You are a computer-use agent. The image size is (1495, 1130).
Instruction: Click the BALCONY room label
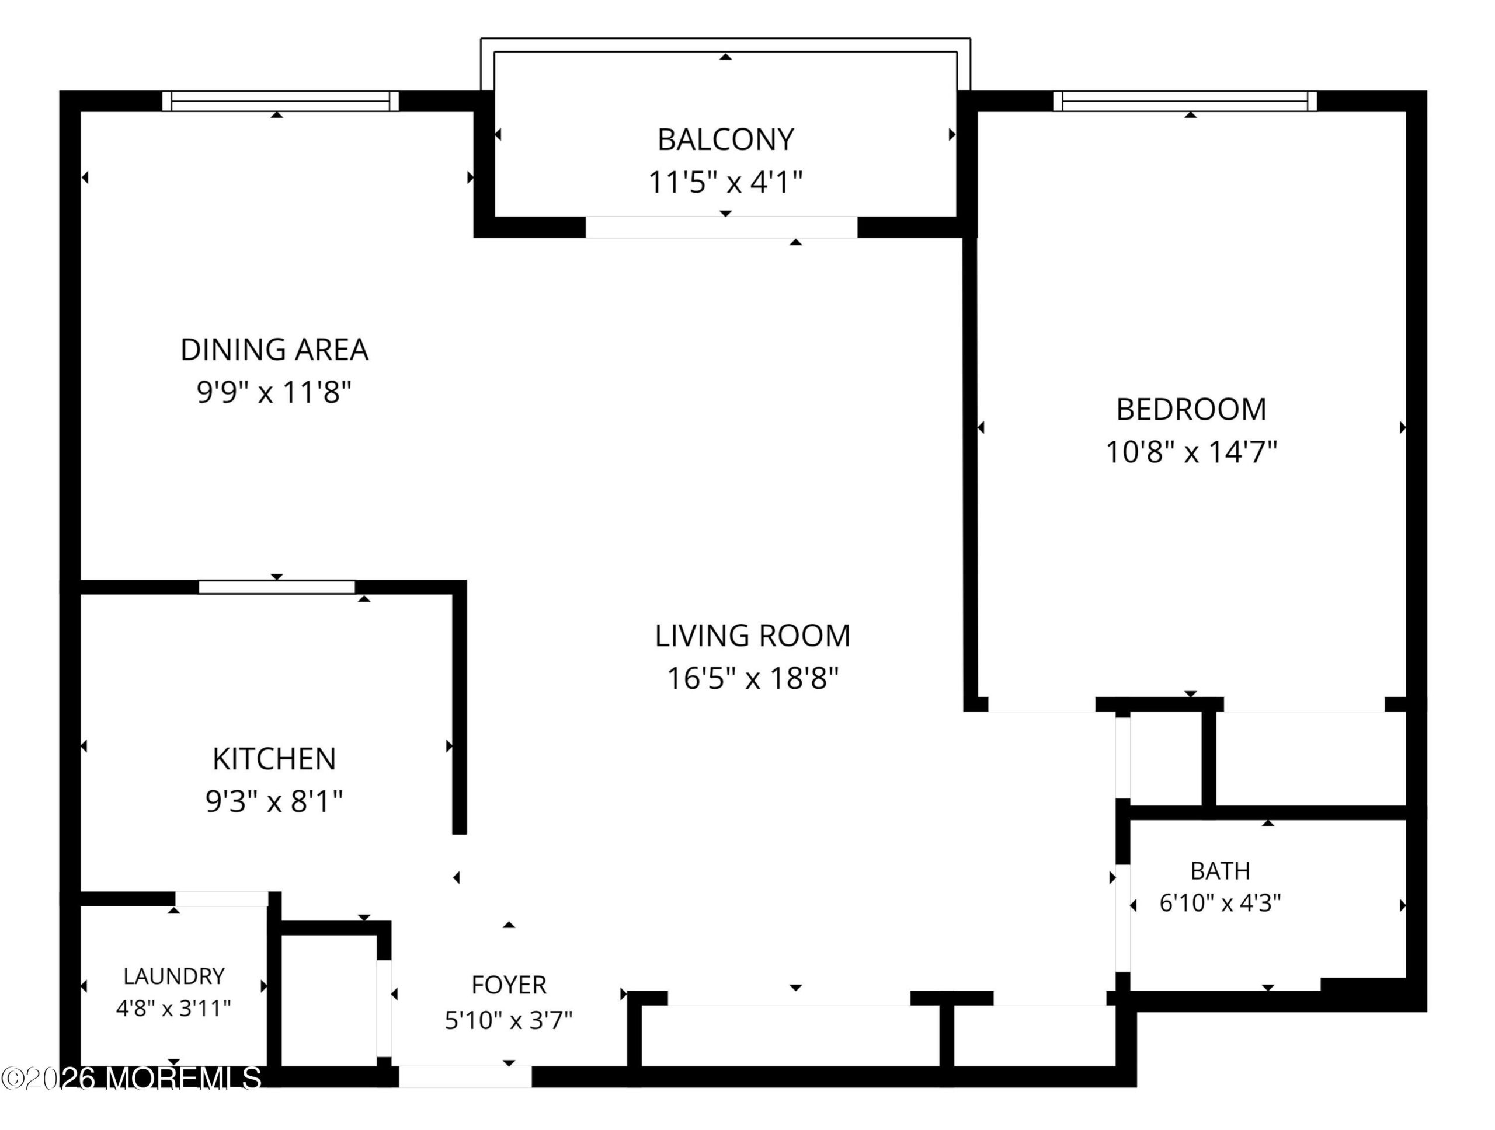(x=725, y=140)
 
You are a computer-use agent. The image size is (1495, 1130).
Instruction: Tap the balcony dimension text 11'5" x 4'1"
(x=725, y=182)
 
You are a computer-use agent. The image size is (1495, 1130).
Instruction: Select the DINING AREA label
(x=274, y=350)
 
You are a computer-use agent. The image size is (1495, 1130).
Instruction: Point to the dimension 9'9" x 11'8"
(x=274, y=392)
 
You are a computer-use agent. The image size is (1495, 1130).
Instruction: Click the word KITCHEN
(x=274, y=759)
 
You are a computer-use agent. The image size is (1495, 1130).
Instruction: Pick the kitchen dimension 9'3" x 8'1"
(x=274, y=802)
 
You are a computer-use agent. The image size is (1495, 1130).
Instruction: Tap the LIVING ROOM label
(x=752, y=636)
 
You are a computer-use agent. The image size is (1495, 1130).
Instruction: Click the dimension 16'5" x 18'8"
(x=752, y=678)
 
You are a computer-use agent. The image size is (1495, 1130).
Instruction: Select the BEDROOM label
(x=1191, y=409)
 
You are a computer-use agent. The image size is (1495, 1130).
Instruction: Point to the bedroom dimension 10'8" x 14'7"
(x=1191, y=452)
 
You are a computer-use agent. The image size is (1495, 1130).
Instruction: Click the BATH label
(x=1220, y=871)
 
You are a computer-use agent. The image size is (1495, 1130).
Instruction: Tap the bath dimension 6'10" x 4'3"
(x=1220, y=903)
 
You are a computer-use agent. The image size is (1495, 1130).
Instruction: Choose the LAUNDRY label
(x=173, y=976)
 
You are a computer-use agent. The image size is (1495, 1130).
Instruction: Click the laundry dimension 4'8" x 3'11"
(x=173, y=1009)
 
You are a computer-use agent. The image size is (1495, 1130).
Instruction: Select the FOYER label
(x=508, y=985)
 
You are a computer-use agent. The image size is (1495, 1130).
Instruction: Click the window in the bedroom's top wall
(x=1185, y=100)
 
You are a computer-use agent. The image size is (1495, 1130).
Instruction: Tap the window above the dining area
(x=280, y=100)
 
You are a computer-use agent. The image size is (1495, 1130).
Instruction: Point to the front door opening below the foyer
(x=465, y=1077)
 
